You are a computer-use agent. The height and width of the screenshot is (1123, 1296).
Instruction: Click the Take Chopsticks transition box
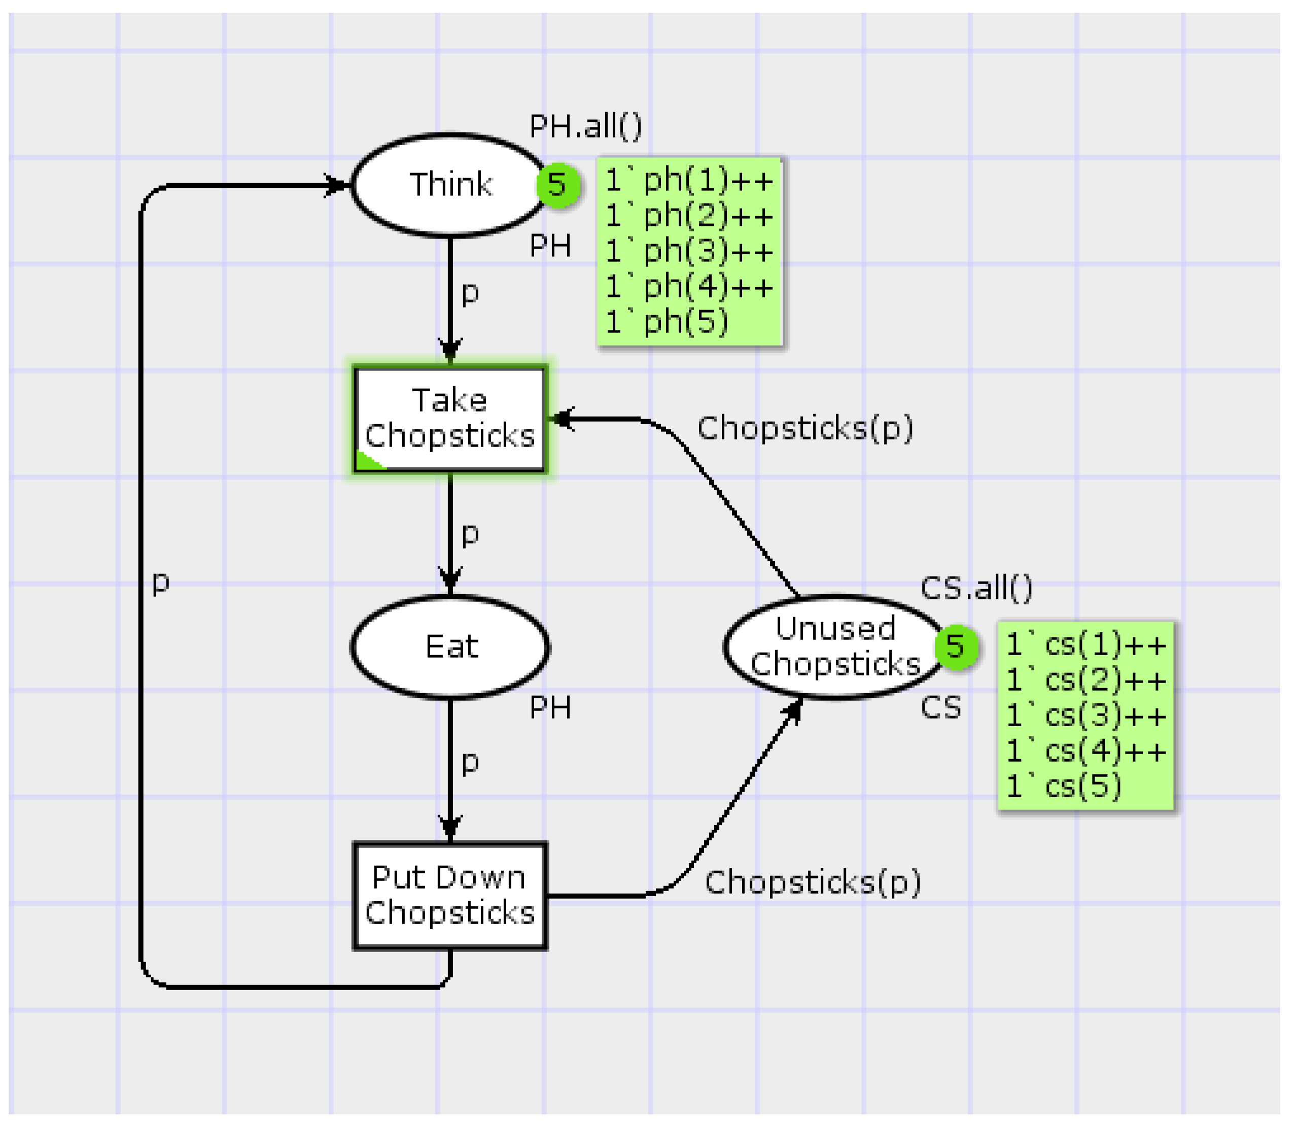[450, 419]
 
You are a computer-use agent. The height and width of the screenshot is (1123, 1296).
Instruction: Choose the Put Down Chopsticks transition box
[450, 896]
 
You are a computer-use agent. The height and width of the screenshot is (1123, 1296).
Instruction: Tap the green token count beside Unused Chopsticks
[955, 646]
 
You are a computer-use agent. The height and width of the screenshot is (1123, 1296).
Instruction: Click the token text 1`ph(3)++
[689, 251]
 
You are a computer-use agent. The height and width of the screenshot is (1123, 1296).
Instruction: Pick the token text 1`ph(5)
[667, 322]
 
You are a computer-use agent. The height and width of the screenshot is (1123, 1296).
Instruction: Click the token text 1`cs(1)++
[1086, 645]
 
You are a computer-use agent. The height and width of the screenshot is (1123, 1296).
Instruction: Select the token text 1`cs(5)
[1064, 787]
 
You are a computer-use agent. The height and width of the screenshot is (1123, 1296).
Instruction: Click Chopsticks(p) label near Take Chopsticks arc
[805, 429]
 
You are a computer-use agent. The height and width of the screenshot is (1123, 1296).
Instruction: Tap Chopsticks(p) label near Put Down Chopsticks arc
[813, 882]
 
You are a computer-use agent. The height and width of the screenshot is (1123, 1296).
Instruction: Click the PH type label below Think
[550, 246]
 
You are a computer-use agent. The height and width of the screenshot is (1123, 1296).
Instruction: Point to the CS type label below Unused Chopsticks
[940, 708]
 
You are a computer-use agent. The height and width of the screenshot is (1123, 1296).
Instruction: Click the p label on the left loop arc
[161, 582]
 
